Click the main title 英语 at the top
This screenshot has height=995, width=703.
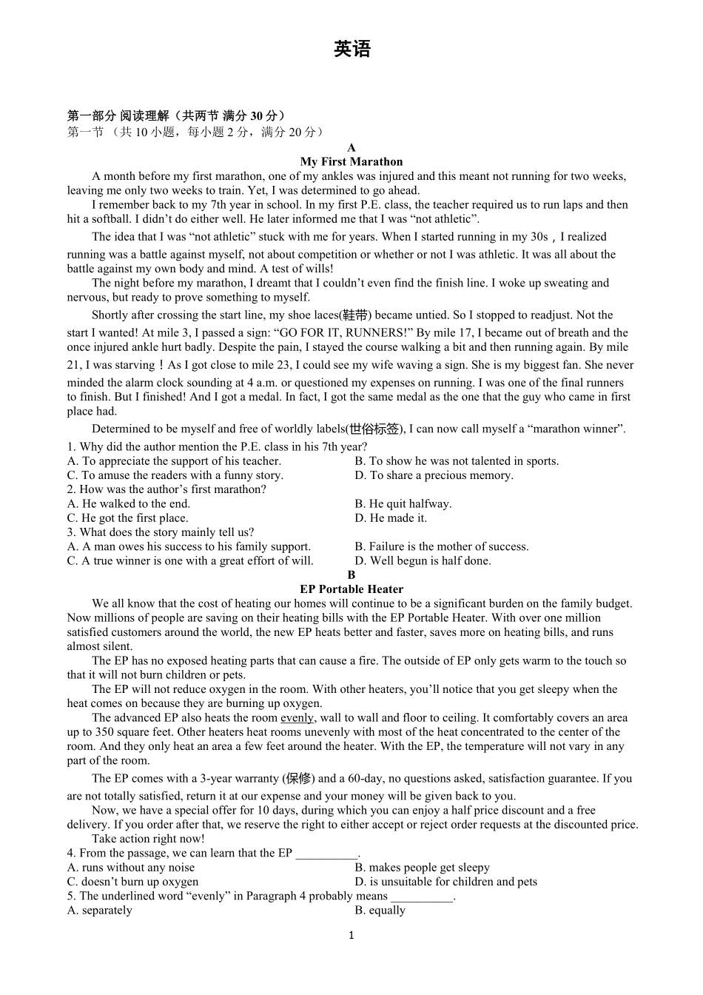click(351, 50)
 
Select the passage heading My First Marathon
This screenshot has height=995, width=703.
click(351, 161)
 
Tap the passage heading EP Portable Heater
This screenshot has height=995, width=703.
click(351, 589)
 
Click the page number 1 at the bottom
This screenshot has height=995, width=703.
click(351, 935)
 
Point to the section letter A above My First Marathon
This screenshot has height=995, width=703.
click(351, 147)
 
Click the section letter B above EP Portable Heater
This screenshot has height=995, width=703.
click(351, 575)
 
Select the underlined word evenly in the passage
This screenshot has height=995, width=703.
click(297, 717)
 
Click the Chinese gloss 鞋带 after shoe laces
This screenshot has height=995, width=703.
click(354, 315)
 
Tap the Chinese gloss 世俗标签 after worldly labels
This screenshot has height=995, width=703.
click(374, 429)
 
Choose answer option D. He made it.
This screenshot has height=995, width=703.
click(391, 518)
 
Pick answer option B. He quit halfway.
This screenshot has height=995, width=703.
click(403, 504)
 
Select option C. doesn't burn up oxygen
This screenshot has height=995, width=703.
click(132, 882)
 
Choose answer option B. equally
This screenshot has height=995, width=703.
click(380, 911)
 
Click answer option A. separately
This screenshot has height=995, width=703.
click(99, 911)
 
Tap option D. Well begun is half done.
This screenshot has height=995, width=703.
click(423, 561)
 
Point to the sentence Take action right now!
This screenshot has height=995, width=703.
click(148, 839)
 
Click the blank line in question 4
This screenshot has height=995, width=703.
click(326, 854)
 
